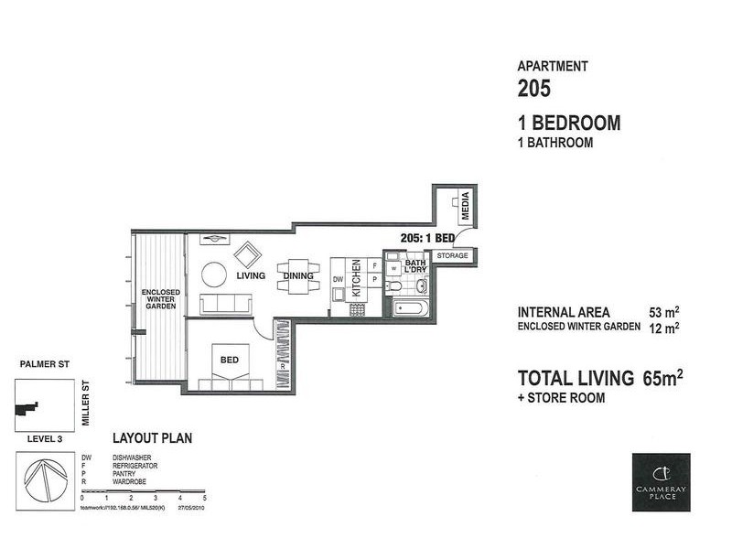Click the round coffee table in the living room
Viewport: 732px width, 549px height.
coord(214,274)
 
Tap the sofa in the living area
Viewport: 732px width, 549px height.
coord(225,304)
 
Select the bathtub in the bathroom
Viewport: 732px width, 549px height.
coord(410,307)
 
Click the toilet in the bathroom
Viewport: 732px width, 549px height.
coord(421,285)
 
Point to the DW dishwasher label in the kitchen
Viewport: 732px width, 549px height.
coord(338,280)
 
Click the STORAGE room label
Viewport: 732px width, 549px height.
coord(452,256)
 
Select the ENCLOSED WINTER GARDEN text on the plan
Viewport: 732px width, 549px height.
coord(160,299)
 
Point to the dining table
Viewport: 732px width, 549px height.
coord(298,276)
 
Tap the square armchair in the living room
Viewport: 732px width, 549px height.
coord(247,253)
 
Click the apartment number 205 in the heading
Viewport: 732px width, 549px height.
coord(535,89)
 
